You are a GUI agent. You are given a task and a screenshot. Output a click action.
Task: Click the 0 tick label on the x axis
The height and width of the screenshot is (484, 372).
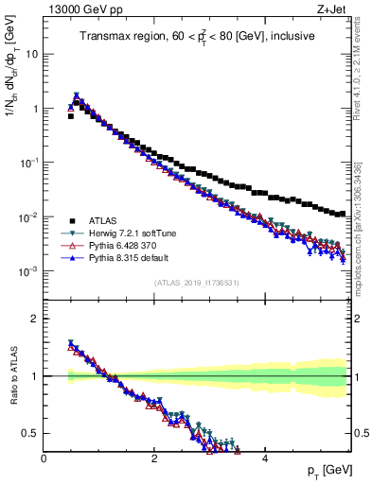[44, 458]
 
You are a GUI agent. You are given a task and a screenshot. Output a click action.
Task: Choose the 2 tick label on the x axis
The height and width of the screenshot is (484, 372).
[153, 458]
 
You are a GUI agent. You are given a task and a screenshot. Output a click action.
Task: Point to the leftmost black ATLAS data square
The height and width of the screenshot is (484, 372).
[71, 116]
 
